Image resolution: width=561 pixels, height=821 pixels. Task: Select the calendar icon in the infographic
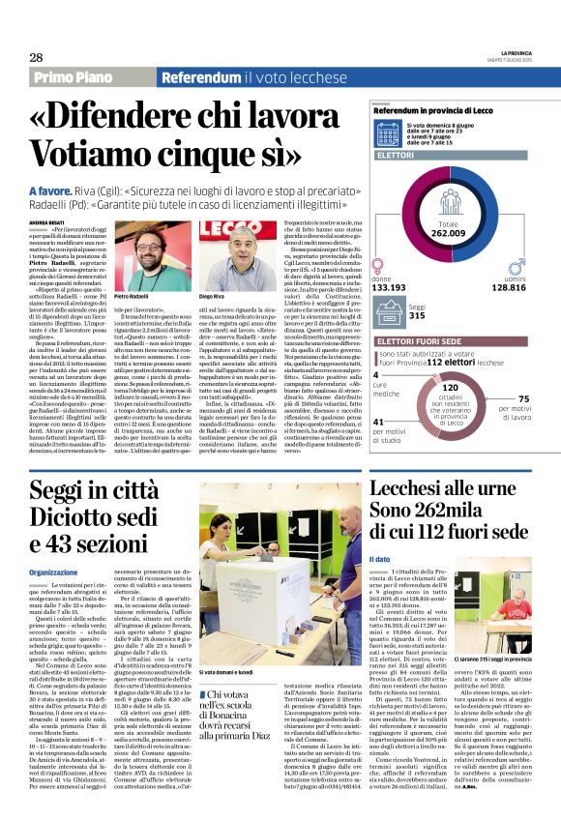tap(387, 133)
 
